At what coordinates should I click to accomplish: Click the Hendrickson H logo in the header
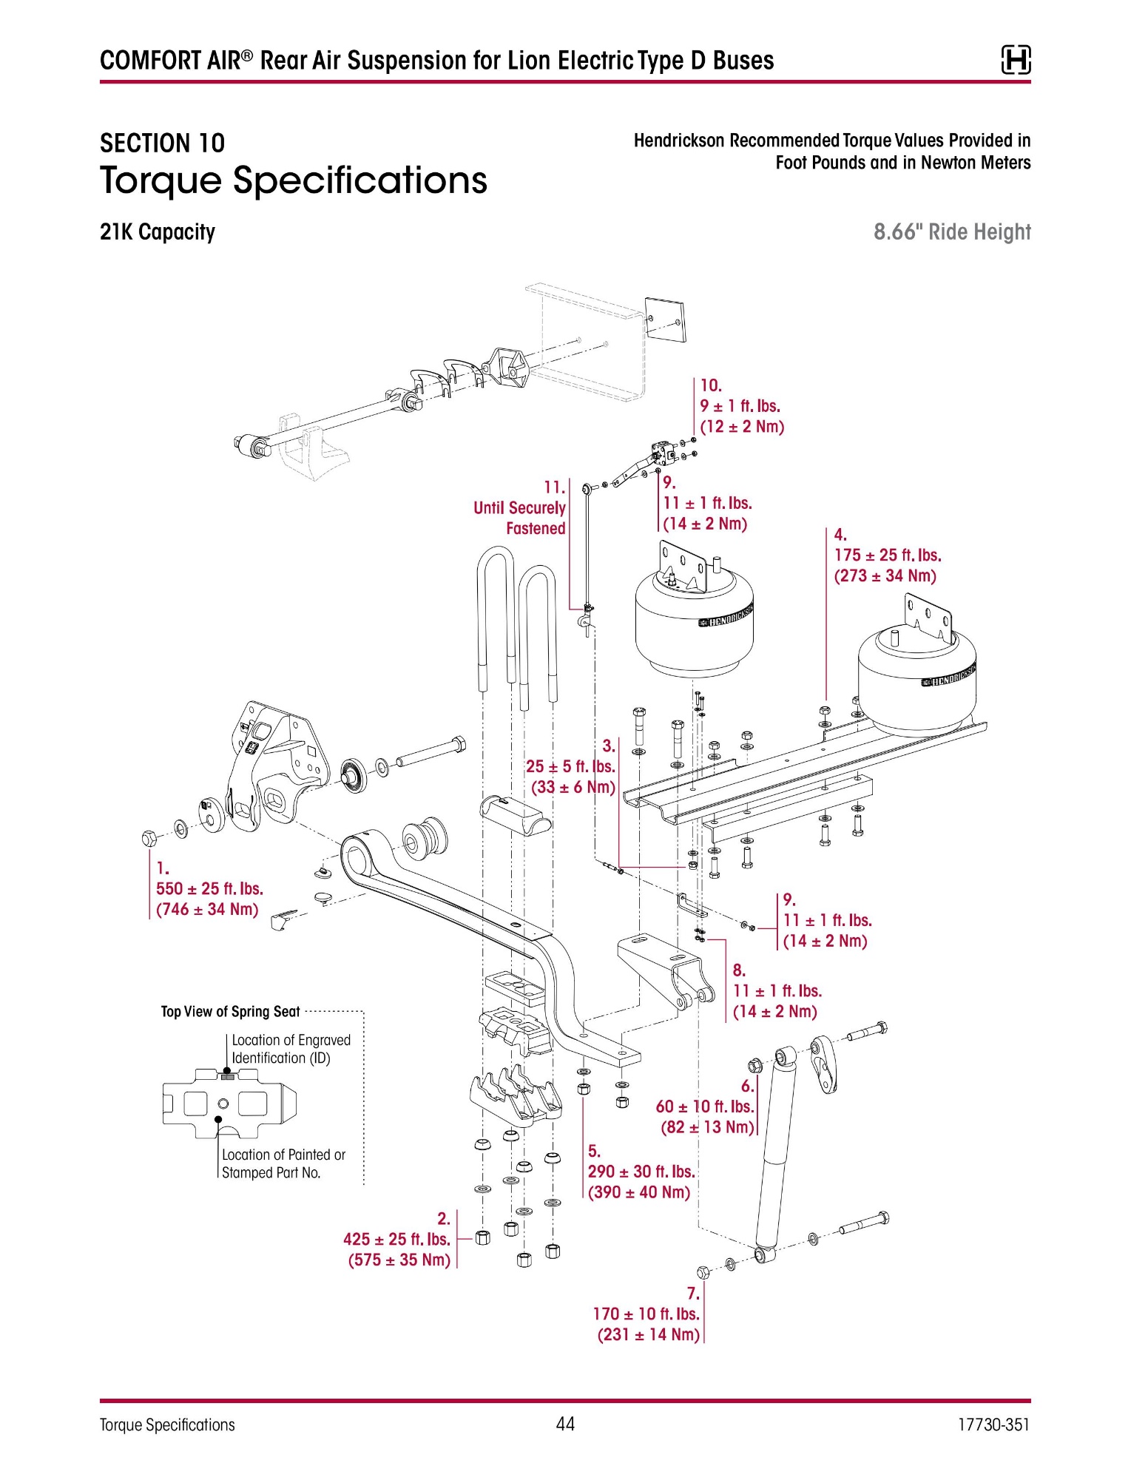(x=1016, y=60)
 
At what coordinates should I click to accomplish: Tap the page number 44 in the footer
(x=565, y=1424)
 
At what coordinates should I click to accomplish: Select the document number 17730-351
(x=993, y=1425)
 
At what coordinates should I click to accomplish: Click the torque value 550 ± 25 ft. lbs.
(x=209, y=889)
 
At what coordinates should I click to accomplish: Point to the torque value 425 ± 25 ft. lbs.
(x=396, y=1240)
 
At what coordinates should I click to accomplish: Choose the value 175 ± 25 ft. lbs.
(x=888, y=555)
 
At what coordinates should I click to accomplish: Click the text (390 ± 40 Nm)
(x=639, y=1192)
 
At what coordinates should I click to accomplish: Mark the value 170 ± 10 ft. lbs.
(x=646, y=1314)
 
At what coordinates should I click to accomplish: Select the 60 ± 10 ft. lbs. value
(x=705, y=1106)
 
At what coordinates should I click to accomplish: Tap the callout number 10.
(x=711, y=385)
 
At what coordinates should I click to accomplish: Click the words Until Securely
(x=519, y=508)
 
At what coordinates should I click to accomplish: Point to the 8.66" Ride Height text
(x=952, y=232)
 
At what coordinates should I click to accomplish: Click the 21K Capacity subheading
(x=158, y=232)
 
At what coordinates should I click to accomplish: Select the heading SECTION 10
(x=162, y=143)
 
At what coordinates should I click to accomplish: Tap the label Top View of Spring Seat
(x=231, y=1012)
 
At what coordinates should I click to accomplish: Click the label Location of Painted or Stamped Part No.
(x=283, y=1163)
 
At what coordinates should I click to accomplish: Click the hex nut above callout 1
(x=149, y=838)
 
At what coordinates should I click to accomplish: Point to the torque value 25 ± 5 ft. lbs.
(x=570, y=767)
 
